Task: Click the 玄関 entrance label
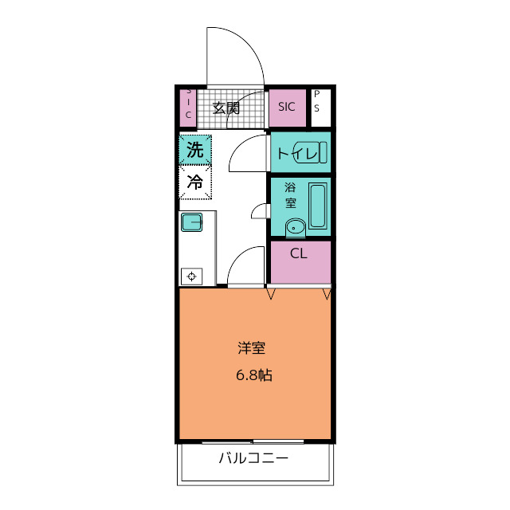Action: pos(226,108)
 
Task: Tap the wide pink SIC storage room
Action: pos(287,108)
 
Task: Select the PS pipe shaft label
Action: pos(317,101)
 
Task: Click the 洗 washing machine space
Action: pos(195,150)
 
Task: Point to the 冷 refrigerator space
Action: pos(195,182)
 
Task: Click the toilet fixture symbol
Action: pos(310,152)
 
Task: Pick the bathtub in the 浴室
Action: pos(317,206)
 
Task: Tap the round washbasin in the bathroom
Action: pos(296,227)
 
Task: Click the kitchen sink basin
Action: pos(192,222)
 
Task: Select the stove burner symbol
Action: pos(191,277)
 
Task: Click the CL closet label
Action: pos(299,253)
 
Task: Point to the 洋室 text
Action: pos(252,347)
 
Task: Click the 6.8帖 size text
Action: pos(254,375)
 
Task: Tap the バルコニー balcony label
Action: pos(253,458)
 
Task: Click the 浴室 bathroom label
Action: pos(290,195)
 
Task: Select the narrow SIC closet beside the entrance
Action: pos(188,108)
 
